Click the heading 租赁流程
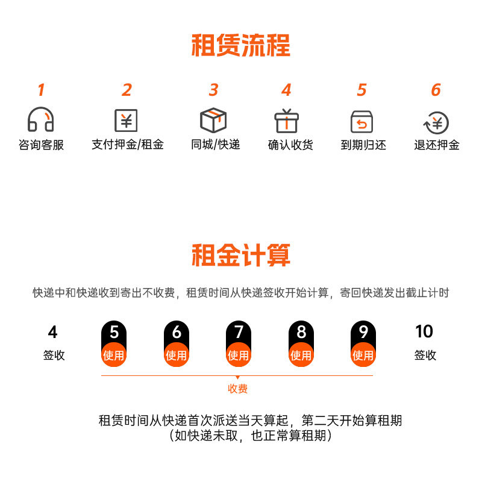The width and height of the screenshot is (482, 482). pos(241,46)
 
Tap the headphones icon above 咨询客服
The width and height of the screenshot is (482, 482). pos(41,120)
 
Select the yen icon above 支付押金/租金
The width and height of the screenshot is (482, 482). pos(127,120)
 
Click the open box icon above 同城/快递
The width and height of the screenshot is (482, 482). pos(213,120)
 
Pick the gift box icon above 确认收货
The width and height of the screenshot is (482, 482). pos(287,120)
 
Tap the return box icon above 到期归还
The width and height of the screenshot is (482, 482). pos(361,121)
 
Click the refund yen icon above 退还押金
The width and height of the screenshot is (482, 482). pos(436,122)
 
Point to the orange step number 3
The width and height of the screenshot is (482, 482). pos(213,90)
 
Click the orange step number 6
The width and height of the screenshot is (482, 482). pos(436,90)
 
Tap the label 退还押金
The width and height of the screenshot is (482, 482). pos(437,145)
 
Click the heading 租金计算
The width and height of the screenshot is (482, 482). pos(241,255)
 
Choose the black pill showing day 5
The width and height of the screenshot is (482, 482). pos(114,332)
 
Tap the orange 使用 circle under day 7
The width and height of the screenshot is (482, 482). pos(239,355)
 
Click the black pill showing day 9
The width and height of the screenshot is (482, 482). pos(363,332)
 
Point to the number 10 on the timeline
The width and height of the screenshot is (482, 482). pos(424,331)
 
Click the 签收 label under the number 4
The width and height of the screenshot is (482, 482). pos(54,355)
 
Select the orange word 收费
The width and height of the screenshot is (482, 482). pos(237,389)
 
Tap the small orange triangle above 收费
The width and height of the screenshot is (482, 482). pos(237,378)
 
